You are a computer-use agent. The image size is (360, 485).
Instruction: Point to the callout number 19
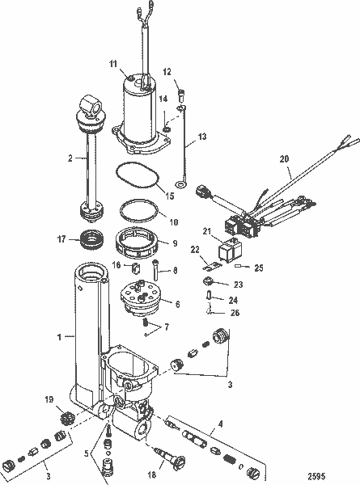[x=49, y=399]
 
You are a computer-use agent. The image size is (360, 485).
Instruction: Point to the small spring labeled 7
[x=146, y=323]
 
